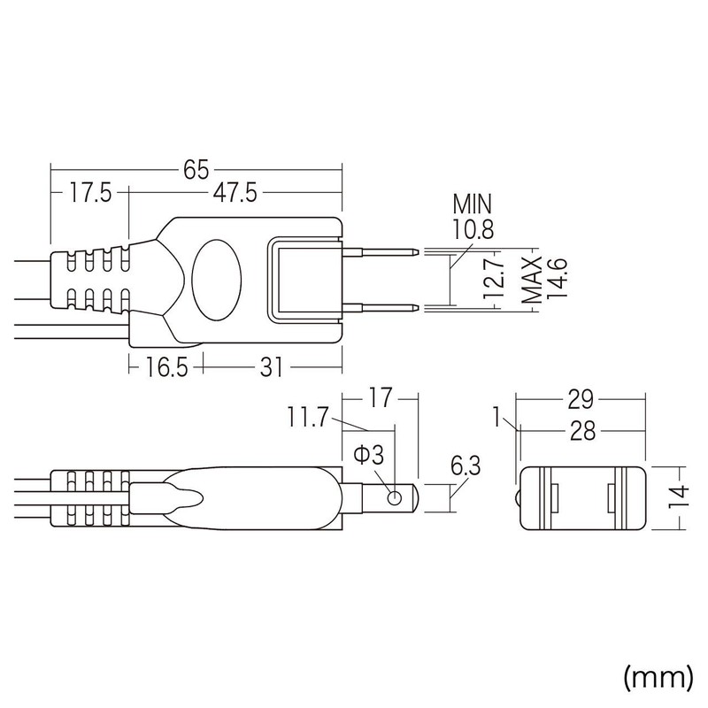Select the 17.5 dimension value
pyautogui.click(x=89, y=192)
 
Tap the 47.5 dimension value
pyautogui.click(x=234, y=192)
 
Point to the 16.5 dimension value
pyautogui.click(x=165, y=365)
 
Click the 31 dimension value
pyautogui.click(x=273, y=365)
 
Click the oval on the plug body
pyautogui.click(x=215, y=279)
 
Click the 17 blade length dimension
pyautogui.click(x=379, y=399)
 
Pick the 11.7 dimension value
pyautogui.click(x=307, y=415)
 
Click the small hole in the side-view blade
pyautogui.click(x=394, y=498)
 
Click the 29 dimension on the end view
pyautogui.click(x=581, y=399)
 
